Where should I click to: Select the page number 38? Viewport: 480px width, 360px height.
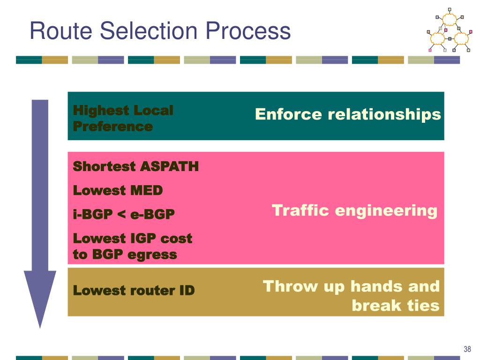pos(467,349)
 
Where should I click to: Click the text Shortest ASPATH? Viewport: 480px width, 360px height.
pos(136,166)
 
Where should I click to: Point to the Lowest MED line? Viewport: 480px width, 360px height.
pos(118,190)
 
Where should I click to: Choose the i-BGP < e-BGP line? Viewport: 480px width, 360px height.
pos(124,214)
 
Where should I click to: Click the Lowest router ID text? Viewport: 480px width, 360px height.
pos(134,291)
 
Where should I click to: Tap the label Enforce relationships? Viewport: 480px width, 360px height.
pos(348,114)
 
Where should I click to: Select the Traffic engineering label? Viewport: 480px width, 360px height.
pos(354,210)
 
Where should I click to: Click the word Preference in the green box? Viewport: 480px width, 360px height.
pos(113,127)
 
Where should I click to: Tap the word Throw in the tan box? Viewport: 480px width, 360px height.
pos(281,286)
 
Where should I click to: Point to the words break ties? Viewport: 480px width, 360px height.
pos(395,306)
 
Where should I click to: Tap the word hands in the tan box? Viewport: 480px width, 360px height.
pos(375,286)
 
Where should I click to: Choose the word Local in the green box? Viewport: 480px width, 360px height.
pos(153,111)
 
